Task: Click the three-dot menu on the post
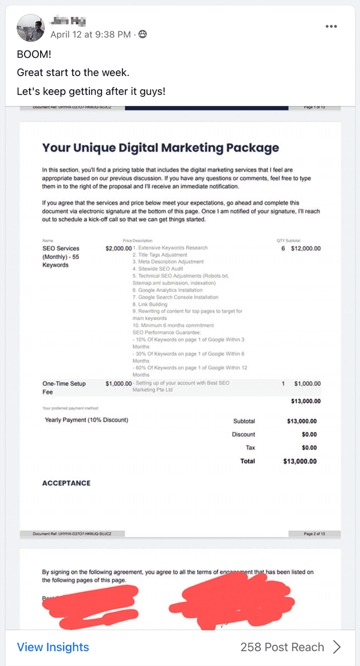pyautogui.click(x=331, y=26)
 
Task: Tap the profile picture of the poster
pyautogui.click(x=31, y=27)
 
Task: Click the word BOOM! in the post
pyautogui.click(x=34, y=54)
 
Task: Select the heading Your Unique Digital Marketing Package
pyautogui.click(x=161, y=148)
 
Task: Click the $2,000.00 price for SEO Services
pyautogui.click(x=119, y=248)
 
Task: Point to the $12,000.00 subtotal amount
pyautogui.click(x=306, y=248)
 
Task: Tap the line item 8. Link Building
pyautogui.click(x=150, y=304)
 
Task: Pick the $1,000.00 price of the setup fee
pyautogui.click(x=119, y=384)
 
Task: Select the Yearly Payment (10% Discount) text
pyautogui.click(x=86, y=420)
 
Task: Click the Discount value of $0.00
pyautogui.click(x=309, y=435)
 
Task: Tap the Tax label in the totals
pyautogui.click(x=250, y=448)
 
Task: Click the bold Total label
pyautogui.click(x=248, y=461)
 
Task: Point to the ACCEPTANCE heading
pyautogui.click(x=66, y=483)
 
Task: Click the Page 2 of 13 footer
pyautogui.click(x=314, y=534)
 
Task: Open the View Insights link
pyautogui.click(x=53, y=647)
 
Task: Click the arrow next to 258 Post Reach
pyautogui.click(x=337, y=647)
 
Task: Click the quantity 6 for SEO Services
pyautogui.click(x=283, y=248)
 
